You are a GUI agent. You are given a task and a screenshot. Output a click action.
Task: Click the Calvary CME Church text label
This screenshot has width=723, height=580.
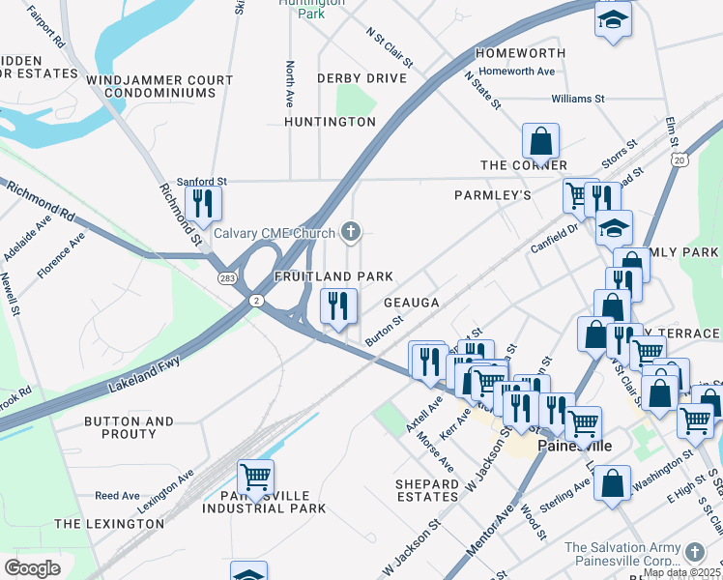(x=275, y=232)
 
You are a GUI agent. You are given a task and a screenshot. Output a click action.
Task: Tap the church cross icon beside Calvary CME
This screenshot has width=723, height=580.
(x=351, y=232)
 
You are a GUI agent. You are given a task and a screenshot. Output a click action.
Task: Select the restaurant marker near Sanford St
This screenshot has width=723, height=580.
(x=203, y=204)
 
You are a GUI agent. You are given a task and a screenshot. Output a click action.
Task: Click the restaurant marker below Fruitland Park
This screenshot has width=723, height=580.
(x=338, y=307)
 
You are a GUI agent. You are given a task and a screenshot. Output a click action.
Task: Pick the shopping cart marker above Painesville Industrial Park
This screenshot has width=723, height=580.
(x=255, y=477)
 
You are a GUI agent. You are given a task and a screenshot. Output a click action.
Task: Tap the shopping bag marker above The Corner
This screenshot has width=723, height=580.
(x=541, y=142)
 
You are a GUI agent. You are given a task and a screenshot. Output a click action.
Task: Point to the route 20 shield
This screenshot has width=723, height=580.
(x=680, y=159)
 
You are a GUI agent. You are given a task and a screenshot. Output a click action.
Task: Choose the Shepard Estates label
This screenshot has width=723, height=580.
(x=426, y=490)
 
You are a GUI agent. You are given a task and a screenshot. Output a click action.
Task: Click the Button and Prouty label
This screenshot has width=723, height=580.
(x=129, y=428)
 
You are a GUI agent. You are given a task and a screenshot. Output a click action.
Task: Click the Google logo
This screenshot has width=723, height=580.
(x=32, y=568)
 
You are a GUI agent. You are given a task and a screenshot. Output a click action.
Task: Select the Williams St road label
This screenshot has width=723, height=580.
(x=577, y=99)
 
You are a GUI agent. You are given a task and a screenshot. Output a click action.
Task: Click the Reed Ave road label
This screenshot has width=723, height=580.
(x=117, y=496)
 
